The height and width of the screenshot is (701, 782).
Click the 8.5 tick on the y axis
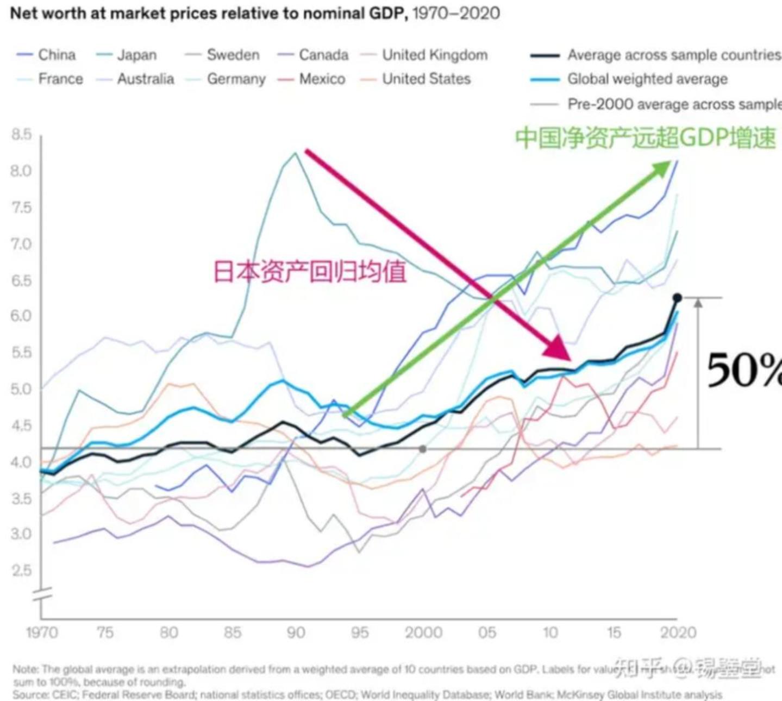click(x=21, y=134)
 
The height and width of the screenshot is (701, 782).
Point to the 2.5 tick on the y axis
click(x=21, y=571)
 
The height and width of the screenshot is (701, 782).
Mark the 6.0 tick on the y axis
click(x=21, y=316)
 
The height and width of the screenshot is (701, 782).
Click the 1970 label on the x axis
click(x=42, y=633)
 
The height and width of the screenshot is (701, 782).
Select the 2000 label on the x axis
click(x=423, y=633)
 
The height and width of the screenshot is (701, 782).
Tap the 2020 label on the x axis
click(x=678, y=633)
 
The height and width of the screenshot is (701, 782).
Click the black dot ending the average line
click(x=677, y=298)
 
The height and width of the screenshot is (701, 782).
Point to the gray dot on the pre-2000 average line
click(x=423, y=449)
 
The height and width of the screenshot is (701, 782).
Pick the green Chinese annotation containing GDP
click(x=645, y=137)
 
